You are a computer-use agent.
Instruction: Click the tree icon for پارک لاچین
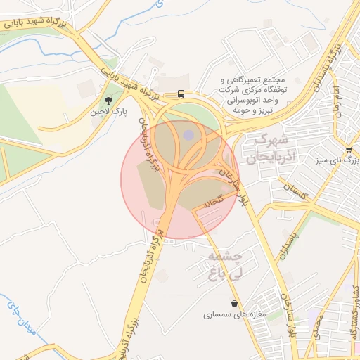click(x=108, y=101)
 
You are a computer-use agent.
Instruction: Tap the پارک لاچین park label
click(x=108, y=112)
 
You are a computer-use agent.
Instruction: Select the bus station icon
click(x=181, y=94)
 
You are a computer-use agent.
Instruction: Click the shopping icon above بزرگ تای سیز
click(x=349, y=149)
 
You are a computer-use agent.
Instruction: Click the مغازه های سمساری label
click(x=235, y=314)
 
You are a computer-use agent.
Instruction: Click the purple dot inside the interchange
click(x=188, y=134)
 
